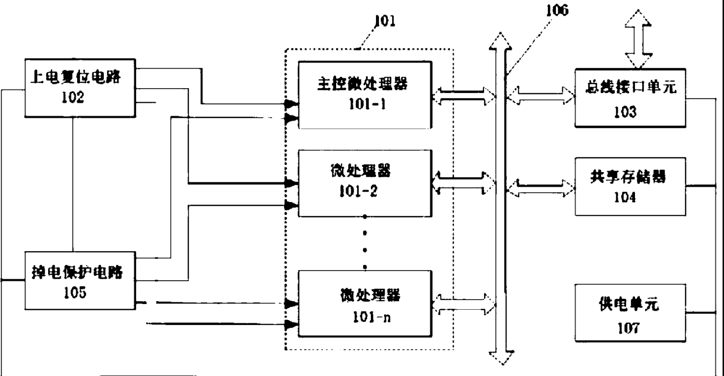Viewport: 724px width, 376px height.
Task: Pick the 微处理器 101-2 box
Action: [x=365, y=183]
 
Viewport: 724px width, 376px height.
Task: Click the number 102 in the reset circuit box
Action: [x=73, y=99]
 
